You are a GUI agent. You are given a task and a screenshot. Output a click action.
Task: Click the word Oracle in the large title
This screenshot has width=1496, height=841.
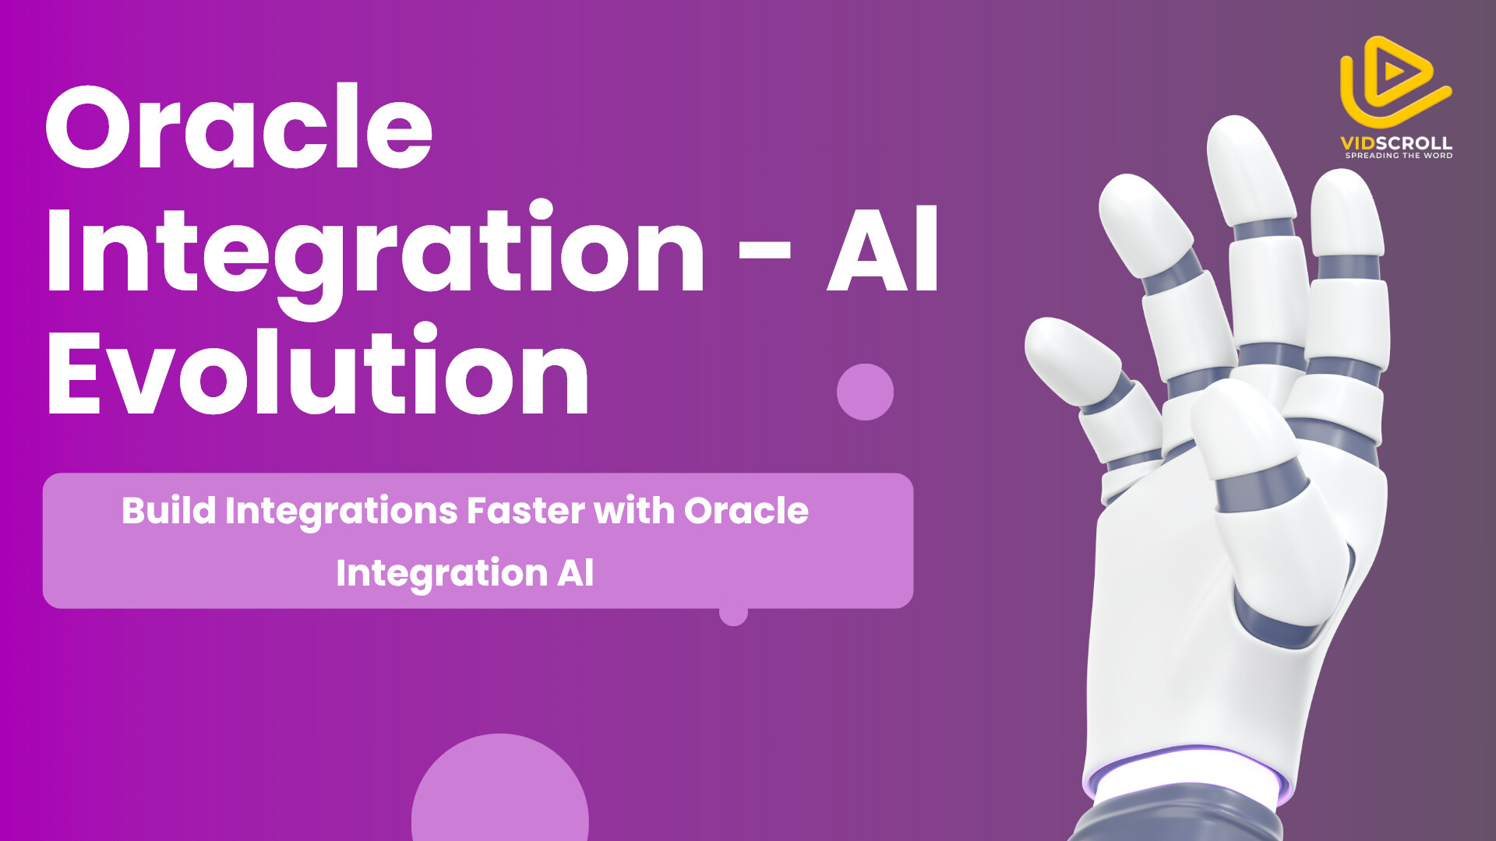(239, 126)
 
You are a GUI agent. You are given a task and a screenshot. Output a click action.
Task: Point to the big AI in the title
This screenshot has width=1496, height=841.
(883, 249)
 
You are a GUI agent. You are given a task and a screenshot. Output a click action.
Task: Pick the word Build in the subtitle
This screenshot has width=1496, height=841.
(169, 511)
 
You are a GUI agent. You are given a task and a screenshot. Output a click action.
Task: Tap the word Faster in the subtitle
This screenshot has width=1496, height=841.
(525, 511)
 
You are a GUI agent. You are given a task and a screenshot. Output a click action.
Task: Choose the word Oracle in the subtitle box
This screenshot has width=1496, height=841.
(746, 511)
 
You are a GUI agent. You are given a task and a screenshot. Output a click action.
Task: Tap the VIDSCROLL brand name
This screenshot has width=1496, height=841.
(1396, 143)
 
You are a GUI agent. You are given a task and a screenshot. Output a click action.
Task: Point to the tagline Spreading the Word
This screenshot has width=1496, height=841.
(1399, 156)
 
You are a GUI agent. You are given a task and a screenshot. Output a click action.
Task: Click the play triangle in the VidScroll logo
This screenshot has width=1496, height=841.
(1394, 72)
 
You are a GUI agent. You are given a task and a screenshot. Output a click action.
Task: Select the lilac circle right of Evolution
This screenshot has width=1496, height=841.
(865, 392)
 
